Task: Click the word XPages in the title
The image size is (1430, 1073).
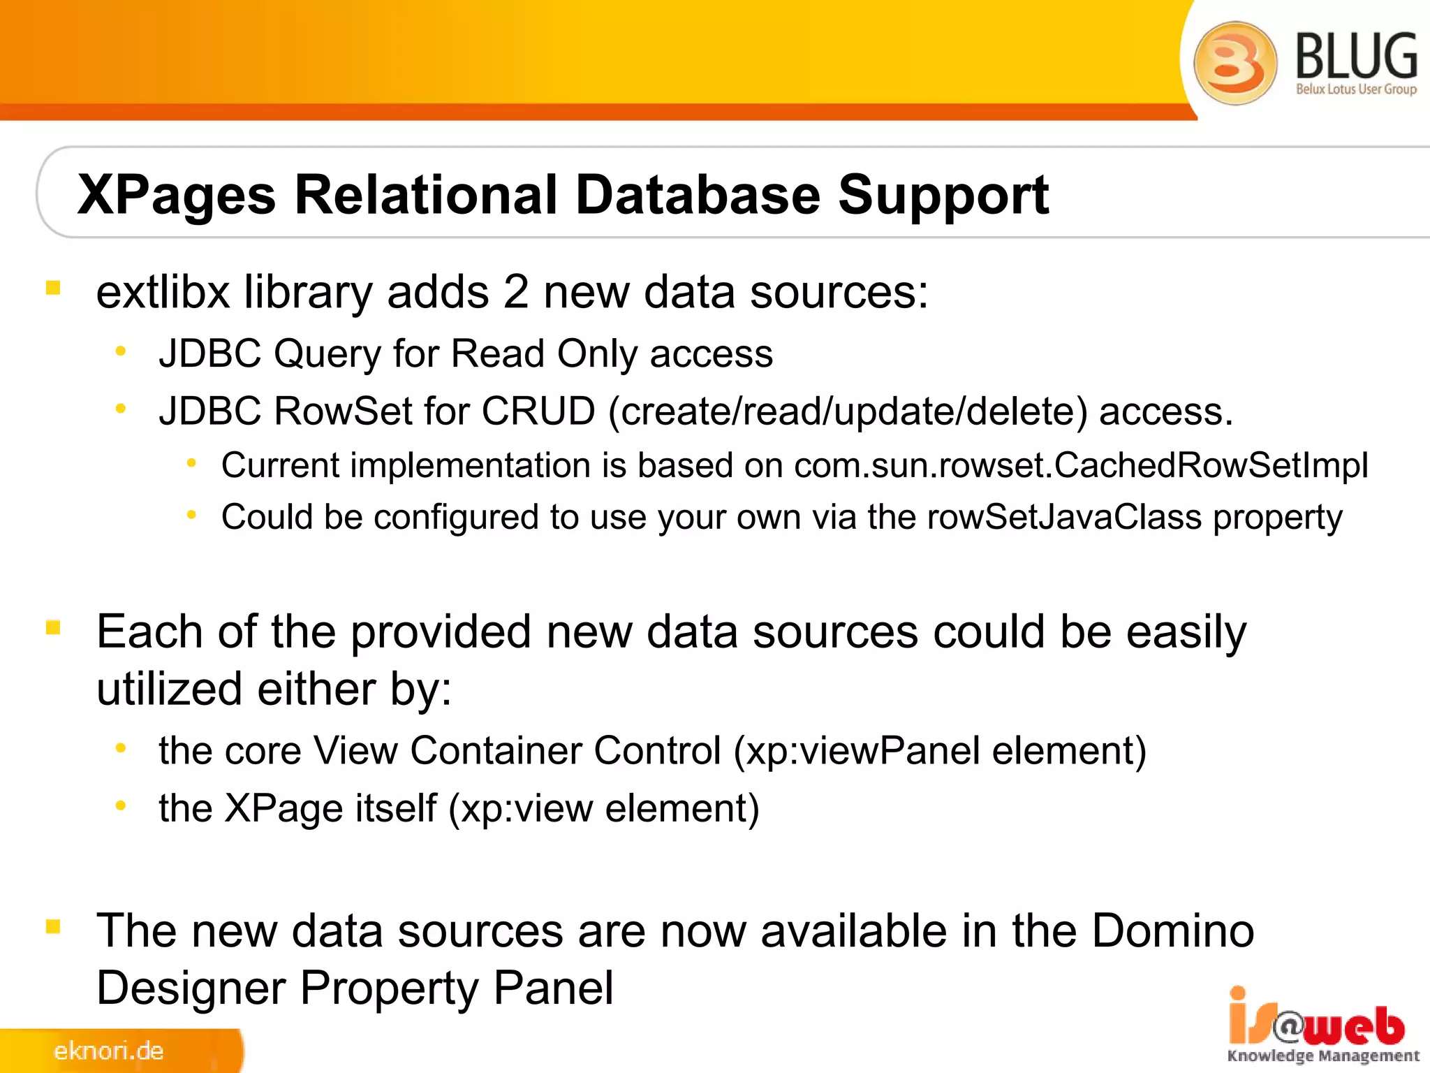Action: pos(177,196)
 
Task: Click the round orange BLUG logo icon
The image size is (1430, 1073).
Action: pos(1235,63)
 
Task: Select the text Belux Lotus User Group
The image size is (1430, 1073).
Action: pos(1356,89)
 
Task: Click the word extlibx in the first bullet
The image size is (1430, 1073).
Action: pos(163,292)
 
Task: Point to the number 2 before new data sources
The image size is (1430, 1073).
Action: pos(515,292)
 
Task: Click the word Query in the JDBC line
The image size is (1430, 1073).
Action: pos(327,354)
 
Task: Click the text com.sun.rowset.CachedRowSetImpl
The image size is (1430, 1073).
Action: pos(1081,465)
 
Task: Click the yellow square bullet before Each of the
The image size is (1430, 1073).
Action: pos(53,627)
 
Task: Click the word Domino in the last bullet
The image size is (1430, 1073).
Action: pos(1173,931)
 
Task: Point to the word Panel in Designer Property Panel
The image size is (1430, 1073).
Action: pos(553,988)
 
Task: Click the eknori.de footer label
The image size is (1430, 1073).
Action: pos(108,1051)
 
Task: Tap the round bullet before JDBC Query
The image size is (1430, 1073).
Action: pos(121,351)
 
